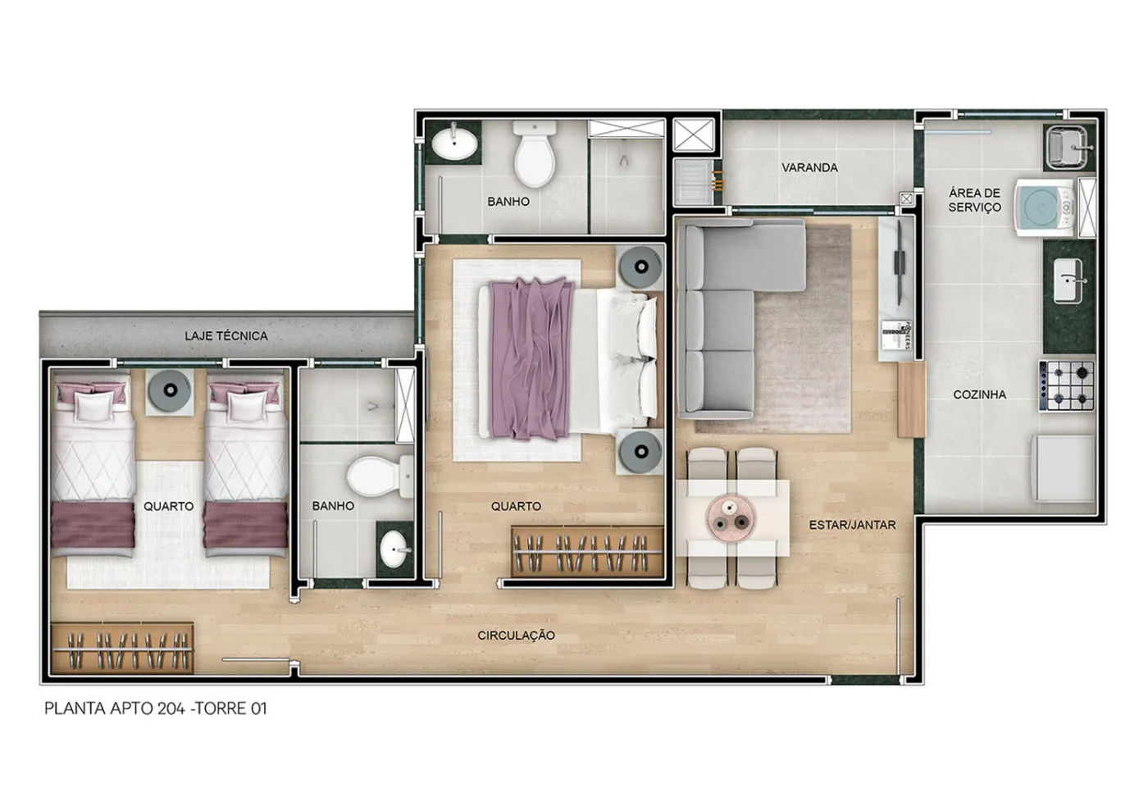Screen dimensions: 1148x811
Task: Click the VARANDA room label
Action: [810, 167]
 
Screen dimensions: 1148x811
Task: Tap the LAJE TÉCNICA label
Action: [226, 335]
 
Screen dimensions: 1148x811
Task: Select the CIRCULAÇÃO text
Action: [516, 636]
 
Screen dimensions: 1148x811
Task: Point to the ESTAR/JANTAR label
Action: [852, 525]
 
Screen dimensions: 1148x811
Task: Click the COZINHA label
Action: [979, 394]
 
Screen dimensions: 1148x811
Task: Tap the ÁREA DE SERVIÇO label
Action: [974, 200]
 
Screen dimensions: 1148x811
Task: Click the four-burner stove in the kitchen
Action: [1067, 385]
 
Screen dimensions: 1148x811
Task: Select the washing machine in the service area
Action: [1045, 207]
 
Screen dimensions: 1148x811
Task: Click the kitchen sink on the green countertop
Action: [1068, 280]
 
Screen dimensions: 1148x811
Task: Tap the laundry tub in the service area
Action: [1067, 148]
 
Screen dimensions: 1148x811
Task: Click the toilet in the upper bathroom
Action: [535, 153]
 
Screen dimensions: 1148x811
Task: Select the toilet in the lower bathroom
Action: [380, 476]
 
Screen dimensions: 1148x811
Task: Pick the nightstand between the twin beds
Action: [170, 392]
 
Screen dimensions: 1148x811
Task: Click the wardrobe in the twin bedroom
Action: [122, 648]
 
